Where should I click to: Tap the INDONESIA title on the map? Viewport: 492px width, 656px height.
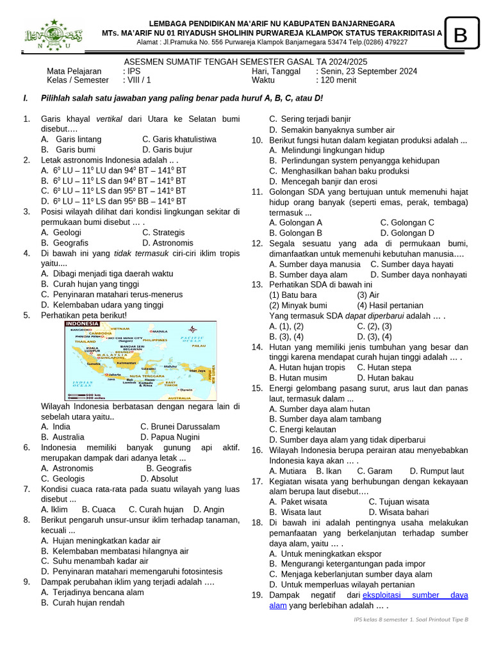pos(81,324)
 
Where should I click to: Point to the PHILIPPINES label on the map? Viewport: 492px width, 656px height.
pos(154,340)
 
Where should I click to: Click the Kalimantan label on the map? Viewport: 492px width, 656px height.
pos(127,363)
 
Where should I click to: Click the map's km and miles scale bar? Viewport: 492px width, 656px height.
pos(83,397)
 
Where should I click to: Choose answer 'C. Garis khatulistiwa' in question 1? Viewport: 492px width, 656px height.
pos(179,139)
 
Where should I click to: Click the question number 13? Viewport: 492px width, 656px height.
pos(256,284)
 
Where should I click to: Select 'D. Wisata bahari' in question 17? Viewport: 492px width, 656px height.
pos(398,512)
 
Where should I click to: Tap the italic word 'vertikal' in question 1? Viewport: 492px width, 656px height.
pos(109,119)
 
